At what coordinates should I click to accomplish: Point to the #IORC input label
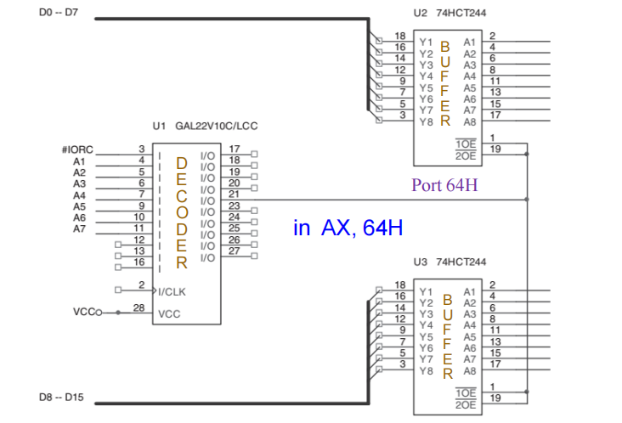77,149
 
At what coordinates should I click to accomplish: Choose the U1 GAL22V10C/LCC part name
205,126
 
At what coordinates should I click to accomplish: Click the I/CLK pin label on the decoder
172,291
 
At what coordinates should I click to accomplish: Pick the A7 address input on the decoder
80,228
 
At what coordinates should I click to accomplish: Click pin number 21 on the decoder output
235,195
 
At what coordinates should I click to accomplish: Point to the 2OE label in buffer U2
466,156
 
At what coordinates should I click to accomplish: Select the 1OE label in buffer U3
466,393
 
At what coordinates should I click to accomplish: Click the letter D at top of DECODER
182,161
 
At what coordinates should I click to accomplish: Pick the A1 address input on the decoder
80,161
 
